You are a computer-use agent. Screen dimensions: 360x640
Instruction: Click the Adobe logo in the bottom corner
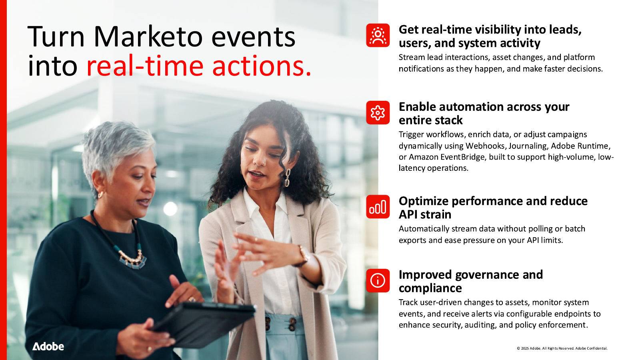pos(48,346)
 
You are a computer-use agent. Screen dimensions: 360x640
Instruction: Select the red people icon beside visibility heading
pos(378,35)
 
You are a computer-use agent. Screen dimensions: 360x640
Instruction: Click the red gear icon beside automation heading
pos(378,112)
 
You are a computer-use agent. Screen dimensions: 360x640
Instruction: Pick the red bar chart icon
pos(378,207)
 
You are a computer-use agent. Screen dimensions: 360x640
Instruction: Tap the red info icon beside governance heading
pos(378,280)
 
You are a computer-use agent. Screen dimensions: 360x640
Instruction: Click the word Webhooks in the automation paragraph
pos(485,146)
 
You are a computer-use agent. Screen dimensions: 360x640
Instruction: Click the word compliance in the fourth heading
pos(430,288)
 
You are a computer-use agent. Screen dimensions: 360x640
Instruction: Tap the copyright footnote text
pos(562,348)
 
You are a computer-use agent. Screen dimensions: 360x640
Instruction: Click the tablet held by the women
pos(204,320)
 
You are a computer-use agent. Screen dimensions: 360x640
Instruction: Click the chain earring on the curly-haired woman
pos(287,178)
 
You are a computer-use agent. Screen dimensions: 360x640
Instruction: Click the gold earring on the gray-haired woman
pos(100,195)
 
